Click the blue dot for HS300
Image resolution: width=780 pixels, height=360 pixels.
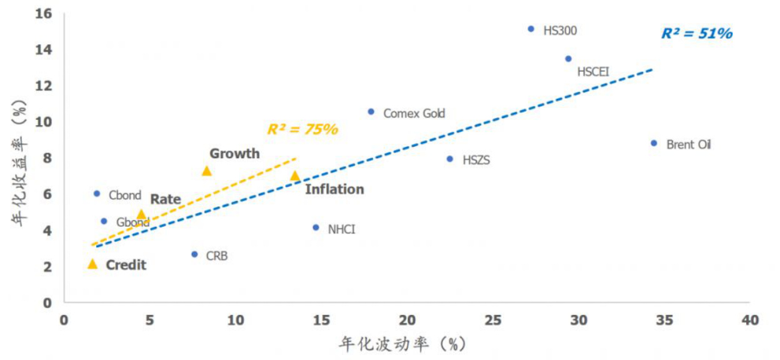[531, 29]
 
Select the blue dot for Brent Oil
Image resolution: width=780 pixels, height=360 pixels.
[654, 143]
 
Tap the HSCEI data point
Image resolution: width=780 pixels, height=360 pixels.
[568, 59]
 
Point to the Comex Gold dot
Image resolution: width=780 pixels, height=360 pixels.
[371, 112]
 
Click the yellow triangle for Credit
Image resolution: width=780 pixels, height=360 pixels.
[92, 264]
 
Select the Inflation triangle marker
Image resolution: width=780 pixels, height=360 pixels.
[295, 176]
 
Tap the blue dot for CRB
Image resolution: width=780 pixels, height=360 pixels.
[194, 254]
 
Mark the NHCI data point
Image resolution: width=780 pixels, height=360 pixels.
[316, 227]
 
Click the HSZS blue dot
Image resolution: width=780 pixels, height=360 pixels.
[449, 159]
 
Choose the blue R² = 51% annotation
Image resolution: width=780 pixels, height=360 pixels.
[696, 34]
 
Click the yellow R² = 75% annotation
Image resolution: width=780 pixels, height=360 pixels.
[302, 129]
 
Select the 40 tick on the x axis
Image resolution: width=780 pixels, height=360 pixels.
[749, 320]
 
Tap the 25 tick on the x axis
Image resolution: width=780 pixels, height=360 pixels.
[492, 320]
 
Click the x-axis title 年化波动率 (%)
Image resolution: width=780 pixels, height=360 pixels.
[403, 344]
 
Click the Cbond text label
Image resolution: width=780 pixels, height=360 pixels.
[125, 195]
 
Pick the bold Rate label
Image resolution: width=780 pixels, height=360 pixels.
[166, 199]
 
